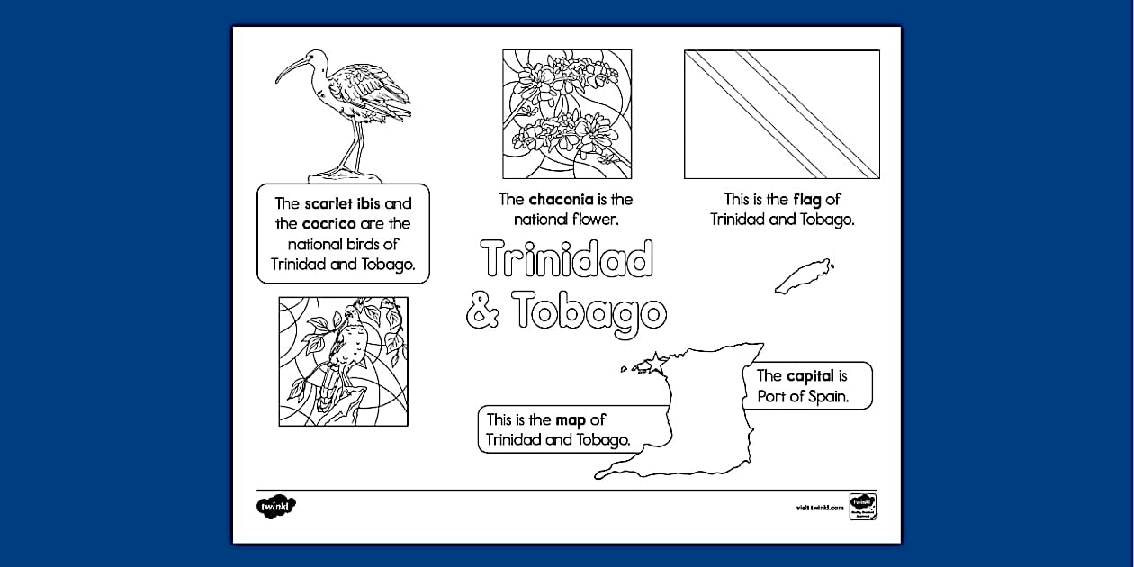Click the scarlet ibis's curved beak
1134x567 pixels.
[x=290, y=68]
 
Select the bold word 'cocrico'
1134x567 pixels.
[x=328, y=223]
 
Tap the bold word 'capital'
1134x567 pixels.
[x=810, y=376]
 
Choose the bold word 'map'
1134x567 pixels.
[x=571, y=419]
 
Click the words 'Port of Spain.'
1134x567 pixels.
[x=803, y=396]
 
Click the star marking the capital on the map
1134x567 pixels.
[x=655, y=358]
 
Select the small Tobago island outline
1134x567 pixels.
[x=803, y=275]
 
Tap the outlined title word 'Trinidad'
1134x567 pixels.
[x=567, y=259]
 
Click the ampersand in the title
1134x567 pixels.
[x=483, y=311]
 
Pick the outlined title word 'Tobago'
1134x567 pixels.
[x=591, y=311]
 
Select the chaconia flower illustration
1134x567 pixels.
[x=567, y=113]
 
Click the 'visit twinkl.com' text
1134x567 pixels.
[x=820, y=508]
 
